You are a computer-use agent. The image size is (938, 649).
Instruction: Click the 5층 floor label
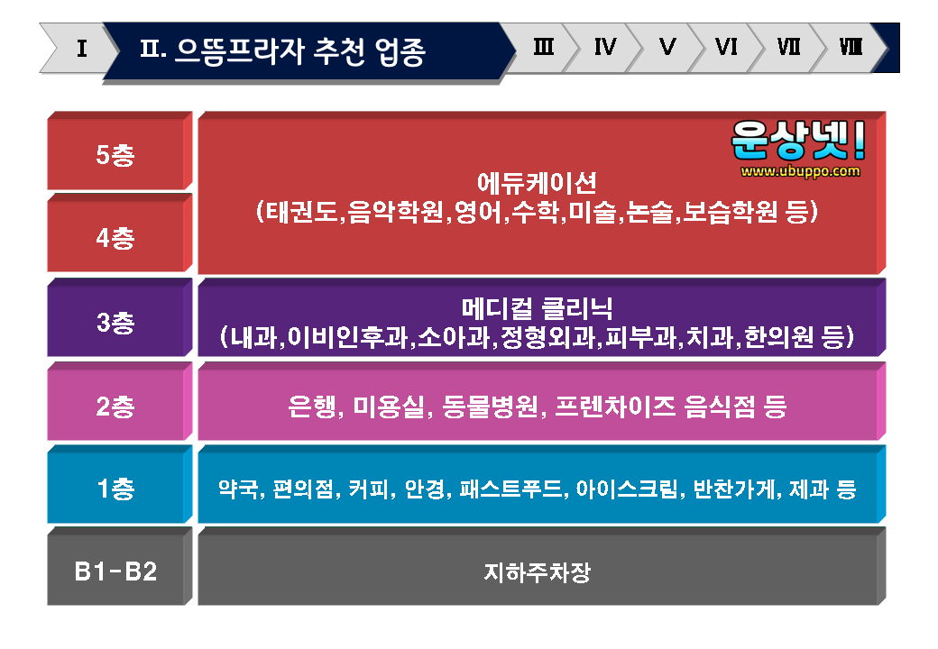click(x=115, y=155)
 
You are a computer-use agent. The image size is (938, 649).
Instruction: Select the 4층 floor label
click(x=115, y=238)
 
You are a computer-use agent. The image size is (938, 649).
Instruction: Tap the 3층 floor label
click(x=115, y=322)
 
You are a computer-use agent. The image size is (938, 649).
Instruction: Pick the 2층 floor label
click(x=115, y=407)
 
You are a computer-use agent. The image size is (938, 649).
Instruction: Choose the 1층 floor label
click(x=115, y=489)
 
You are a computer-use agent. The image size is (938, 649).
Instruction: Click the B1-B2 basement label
click(x=115, y=571)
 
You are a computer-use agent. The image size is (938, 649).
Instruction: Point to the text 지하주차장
click(x=538, y=571)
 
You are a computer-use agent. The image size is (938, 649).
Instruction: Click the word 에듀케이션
click(x=538, y=183)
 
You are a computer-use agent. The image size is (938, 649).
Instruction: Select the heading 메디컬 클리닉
click(x=538, y=308)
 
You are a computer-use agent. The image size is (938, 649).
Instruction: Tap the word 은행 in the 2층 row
click(x=312, y=407)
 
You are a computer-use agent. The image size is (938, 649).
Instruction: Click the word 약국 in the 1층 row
click(x=237, y=489)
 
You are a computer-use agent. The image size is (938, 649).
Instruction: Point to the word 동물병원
click(x=490, y=407)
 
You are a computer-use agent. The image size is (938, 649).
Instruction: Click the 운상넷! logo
click(x=798, y=140)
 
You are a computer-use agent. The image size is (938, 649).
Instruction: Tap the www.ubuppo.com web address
click(x=800, y=171)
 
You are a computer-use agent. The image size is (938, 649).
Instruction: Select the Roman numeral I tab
click(x=82, y=48)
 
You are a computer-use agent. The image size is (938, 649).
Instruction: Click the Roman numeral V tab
click(x=667, y=46)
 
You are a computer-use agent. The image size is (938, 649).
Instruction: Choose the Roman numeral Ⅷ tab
click(x=851, y=46)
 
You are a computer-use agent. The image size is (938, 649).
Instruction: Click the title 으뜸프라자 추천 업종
click(x=299, y=51)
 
